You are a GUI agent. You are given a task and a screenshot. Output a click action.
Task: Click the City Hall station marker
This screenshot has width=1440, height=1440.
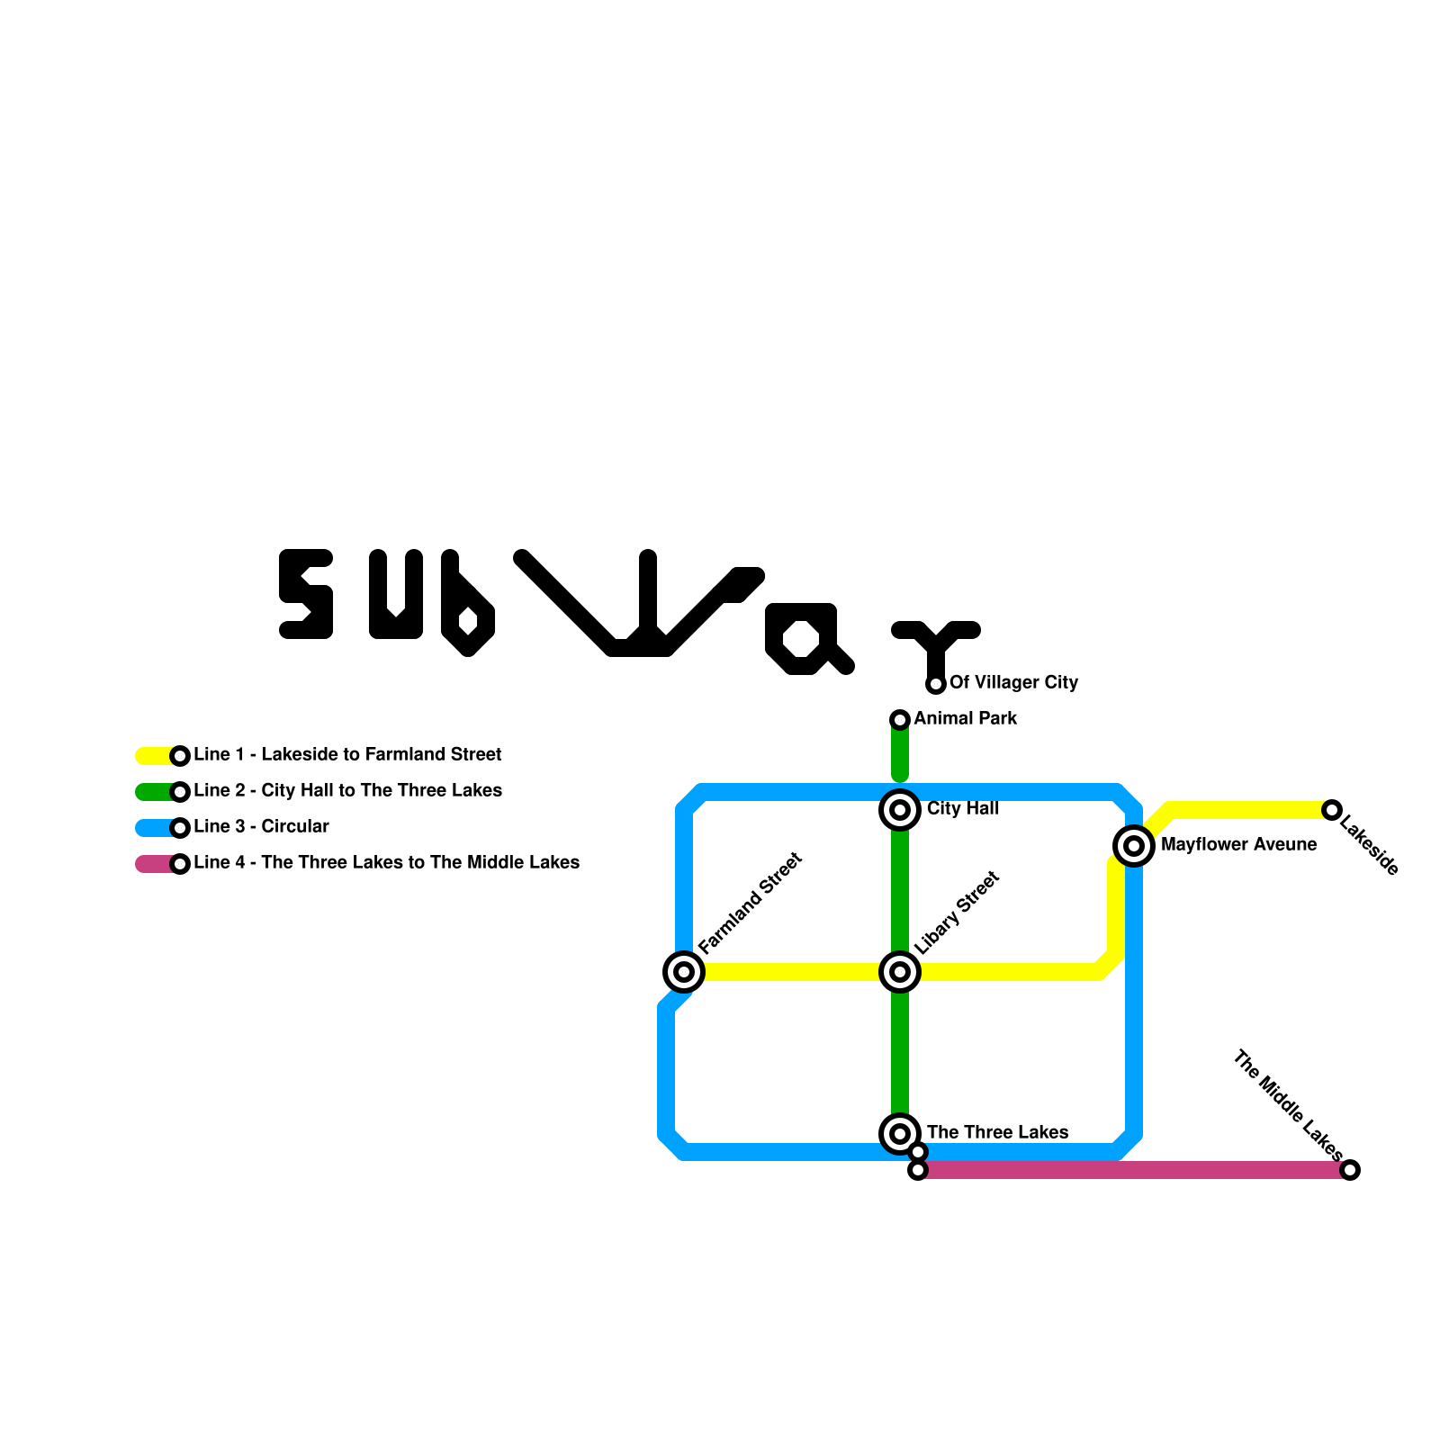click(x=900, y=810)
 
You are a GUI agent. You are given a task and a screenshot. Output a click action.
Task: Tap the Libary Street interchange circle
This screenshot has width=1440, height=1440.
click(x=900, y=972)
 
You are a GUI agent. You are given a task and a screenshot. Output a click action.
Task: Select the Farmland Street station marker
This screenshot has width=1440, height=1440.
click(x=684, y=972)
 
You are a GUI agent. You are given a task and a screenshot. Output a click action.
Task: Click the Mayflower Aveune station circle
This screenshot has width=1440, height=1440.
click(x=1134, y=846)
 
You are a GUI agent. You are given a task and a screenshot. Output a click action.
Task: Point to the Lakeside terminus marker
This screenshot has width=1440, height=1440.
click(x=1332, y=810)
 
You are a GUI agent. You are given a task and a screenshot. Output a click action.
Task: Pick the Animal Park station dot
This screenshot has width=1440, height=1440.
click(x=900, y=720)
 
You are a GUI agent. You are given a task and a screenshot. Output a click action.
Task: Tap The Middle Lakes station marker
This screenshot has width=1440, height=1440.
click(x=1350, y=1170)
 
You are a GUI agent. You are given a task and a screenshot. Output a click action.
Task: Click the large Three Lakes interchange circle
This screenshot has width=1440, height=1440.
click(x=900, y=1134)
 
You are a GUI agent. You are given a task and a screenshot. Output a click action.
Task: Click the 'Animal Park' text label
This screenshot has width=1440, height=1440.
click(x=965, y=719)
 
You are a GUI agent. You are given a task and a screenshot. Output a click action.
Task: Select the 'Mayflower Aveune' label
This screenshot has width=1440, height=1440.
click(x=1238, y=845)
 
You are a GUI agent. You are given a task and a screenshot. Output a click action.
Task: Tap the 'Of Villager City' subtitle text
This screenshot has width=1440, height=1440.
click(x=1013, y=683)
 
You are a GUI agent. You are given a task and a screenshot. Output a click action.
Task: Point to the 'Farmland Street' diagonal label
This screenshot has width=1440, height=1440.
click(x=750, y=903)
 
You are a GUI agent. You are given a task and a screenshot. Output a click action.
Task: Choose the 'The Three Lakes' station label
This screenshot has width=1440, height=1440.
click(x=997, y=1132)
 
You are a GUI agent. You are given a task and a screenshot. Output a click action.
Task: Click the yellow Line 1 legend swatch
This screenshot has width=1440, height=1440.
click(x=153, y=756)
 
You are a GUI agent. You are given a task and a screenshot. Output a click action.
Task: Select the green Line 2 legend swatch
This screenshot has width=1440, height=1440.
click(x=153, y=792)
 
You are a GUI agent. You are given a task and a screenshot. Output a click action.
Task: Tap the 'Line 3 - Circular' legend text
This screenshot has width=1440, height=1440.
click(x=261, y=827)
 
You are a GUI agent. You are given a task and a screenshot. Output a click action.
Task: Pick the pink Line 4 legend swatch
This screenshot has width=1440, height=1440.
click(x=153, y=864)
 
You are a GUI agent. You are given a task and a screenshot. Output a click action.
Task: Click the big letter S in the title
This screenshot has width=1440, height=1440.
click(x=306, y=594)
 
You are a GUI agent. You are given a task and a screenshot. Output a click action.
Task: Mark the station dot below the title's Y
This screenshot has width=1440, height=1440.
click(x=936, y=685)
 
